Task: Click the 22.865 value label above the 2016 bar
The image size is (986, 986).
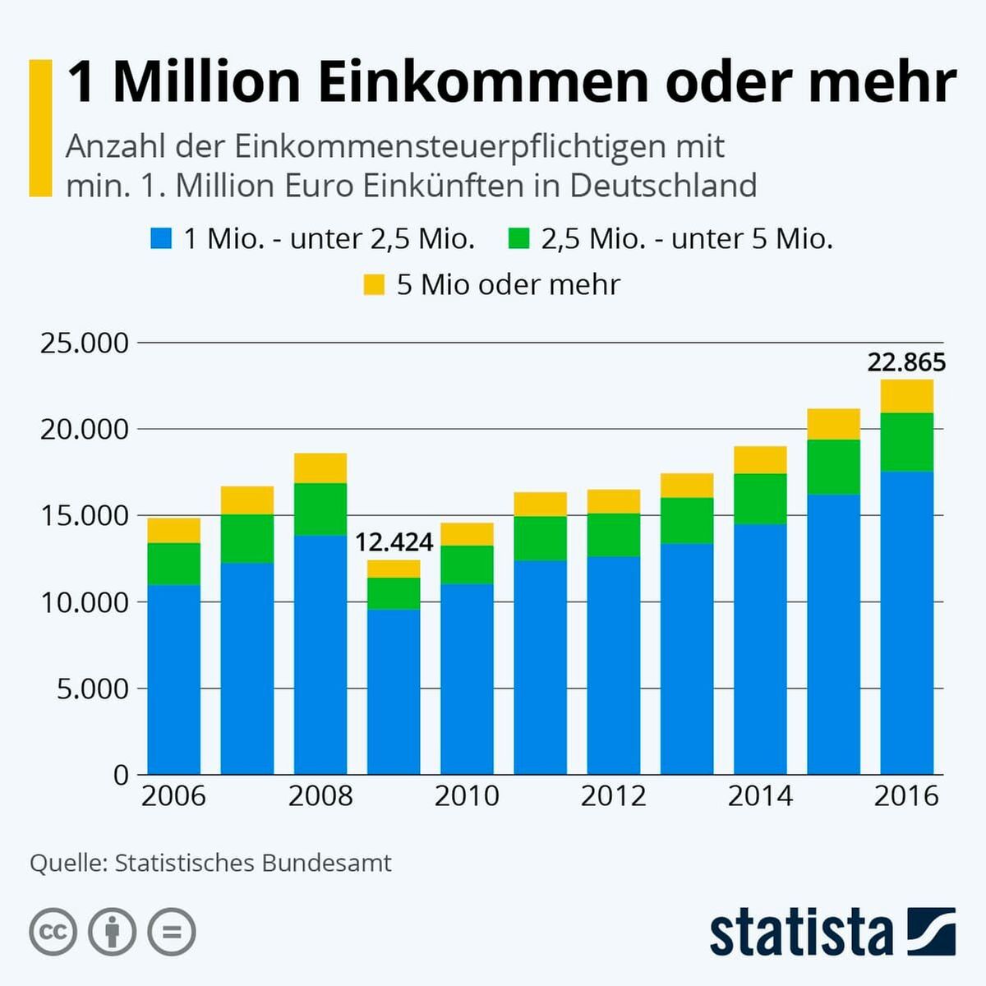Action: point(906,362)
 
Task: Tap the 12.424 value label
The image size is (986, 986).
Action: point(394,542)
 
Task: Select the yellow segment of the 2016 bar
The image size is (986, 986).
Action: point(906,396)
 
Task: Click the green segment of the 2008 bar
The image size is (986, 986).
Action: point(320,509)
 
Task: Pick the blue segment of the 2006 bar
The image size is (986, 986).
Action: point(174,679)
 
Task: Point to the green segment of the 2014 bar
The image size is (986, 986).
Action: point(760,499)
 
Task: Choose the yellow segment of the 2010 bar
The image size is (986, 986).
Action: point(467,534)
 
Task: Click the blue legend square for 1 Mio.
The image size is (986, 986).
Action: point(161,239)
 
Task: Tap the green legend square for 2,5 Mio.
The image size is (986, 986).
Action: point(519,239)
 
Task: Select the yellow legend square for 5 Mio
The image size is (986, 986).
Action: point(374,285)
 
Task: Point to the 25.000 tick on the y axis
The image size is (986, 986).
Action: point(85,343)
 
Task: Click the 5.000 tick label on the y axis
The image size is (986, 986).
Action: point(93,689)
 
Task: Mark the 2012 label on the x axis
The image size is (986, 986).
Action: point(613,796)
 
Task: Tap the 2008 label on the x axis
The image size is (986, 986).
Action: point(320,796)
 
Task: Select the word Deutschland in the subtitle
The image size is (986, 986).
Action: point(663,186)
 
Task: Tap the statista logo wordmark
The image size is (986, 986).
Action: point(801,933)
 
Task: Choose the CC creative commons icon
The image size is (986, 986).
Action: point(53,932)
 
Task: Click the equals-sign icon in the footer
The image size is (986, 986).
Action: point(172,932)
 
